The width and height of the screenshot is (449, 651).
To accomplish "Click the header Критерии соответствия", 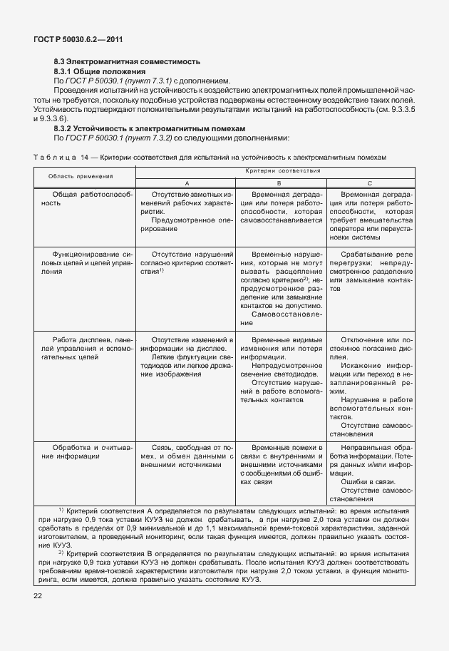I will pyautogui.click(x=282, y=171).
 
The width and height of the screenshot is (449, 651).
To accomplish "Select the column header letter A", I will pyautogui.click(x=187, y=183).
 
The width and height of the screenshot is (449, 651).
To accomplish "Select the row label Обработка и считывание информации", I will pyautogui.click(x=83, y=451).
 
